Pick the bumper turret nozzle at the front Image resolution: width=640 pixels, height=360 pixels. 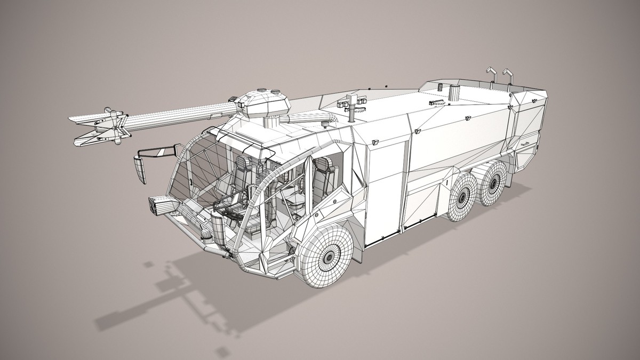[x=163, y=205]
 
